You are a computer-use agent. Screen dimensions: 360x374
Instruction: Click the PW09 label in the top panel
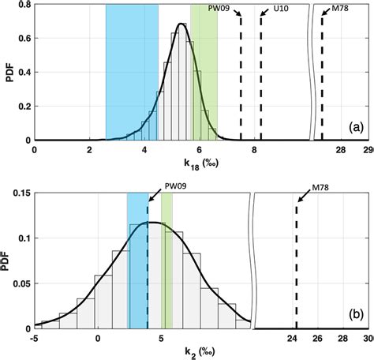[219, 9]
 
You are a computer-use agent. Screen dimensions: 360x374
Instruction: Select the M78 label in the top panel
[341, 9]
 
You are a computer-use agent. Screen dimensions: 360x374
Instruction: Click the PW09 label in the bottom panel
[176, 187]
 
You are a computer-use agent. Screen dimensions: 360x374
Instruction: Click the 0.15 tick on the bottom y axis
[21, 192]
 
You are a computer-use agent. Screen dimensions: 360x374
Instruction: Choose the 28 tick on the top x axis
[342, 148]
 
